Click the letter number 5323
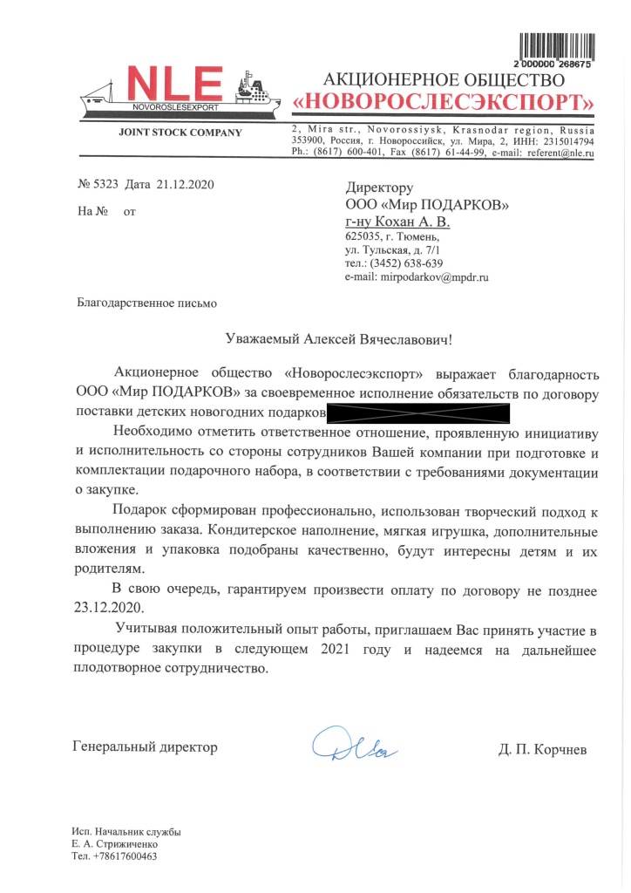coord(108,185)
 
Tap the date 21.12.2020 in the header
coord(186,185)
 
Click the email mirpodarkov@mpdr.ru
coord(431,277)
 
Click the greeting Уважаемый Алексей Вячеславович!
coord(336,338)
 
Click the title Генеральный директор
coord(145,747)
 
